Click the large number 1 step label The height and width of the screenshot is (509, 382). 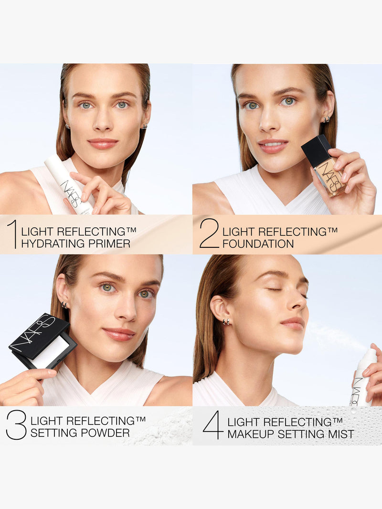click(12, 233)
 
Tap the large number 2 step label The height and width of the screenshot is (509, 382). click(209, 233)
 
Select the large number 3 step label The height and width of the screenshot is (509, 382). click(16, 425)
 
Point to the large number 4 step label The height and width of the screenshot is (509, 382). click(212, 425)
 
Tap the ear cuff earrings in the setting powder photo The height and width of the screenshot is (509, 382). click(64, 305)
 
